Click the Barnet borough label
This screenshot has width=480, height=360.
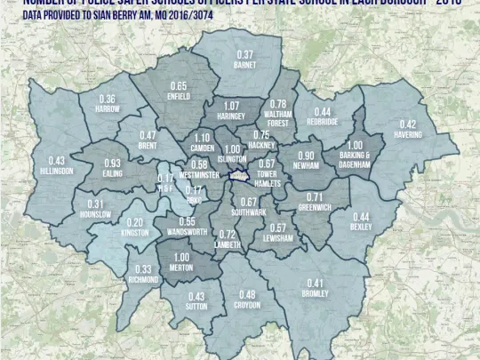coord(245,65)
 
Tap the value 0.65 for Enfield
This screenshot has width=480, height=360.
coord(178,86)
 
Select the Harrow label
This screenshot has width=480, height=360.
coord(107,108)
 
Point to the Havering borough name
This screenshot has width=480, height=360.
coord(407,134)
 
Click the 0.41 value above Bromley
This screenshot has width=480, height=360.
coord(315,283)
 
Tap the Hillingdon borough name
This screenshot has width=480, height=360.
coord(56,171)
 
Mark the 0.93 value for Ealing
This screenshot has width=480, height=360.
coord(112,164)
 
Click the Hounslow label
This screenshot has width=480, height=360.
coord(95,214)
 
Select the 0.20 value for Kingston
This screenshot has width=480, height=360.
coord(134,222)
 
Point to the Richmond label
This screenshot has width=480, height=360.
coord(142,279)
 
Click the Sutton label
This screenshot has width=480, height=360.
coord(196,307)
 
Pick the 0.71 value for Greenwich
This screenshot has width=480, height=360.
coord(315,196)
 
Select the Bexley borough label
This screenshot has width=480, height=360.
coord(361,227)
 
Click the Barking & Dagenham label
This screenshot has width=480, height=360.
coord(354,160)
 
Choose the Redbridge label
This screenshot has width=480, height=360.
coord(323,122)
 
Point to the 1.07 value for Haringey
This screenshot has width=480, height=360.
coord(231,105)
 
